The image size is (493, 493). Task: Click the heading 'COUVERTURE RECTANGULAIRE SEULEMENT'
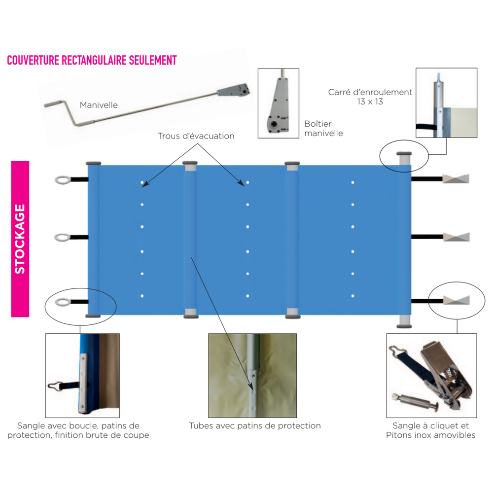(x=92, y=60)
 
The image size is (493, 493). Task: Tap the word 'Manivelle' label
(x=99, y=105)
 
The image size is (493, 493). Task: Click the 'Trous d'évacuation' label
(x=196, y=136)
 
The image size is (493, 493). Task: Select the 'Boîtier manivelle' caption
(x=323, y=128)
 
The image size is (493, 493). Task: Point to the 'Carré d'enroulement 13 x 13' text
(x=370, y=97)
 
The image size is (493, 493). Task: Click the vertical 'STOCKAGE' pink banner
(x=20, y=239)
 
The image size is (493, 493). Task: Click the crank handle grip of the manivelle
(x=58, y=105)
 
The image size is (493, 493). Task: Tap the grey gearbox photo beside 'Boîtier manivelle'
(x=279, y=103)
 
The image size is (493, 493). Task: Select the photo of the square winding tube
(x=446, y=103)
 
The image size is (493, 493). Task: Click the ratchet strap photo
(x=431, y=375)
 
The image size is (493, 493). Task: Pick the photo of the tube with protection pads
(x=252, y=376)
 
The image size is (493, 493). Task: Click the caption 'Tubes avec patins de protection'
(x=255, y=425)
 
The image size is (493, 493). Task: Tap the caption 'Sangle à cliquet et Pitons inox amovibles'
(x=431, y=430)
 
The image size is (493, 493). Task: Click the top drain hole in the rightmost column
(x=353, y=183)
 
